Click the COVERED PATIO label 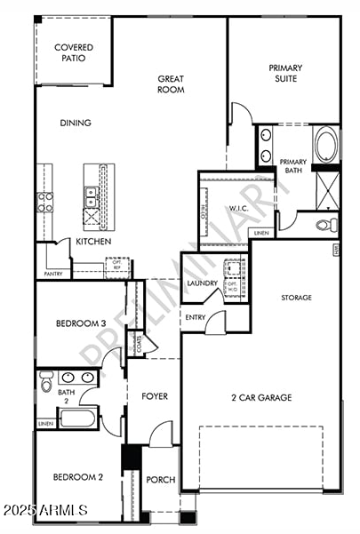point(74,52)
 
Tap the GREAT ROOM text point(171,84)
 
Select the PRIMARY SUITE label point(285,73)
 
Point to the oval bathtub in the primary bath point(324,145)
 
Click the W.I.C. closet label point(237,209)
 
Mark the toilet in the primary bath point(330,224)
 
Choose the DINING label point(76,123)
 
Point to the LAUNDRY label point(202,283)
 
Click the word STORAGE point(296,298)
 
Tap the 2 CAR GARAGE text point(262,398)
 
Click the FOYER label point(155,396)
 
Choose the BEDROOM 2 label point(78,477)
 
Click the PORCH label point(160,480)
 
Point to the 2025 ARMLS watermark point(44,510)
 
